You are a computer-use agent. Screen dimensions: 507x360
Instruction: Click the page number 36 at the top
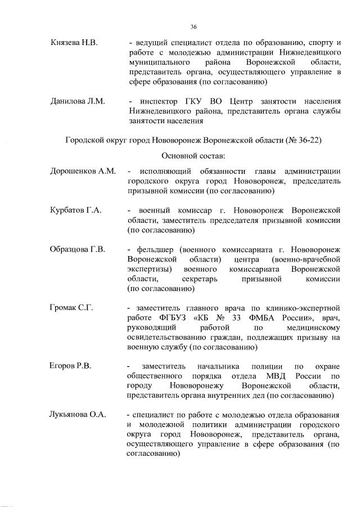(193, 26)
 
